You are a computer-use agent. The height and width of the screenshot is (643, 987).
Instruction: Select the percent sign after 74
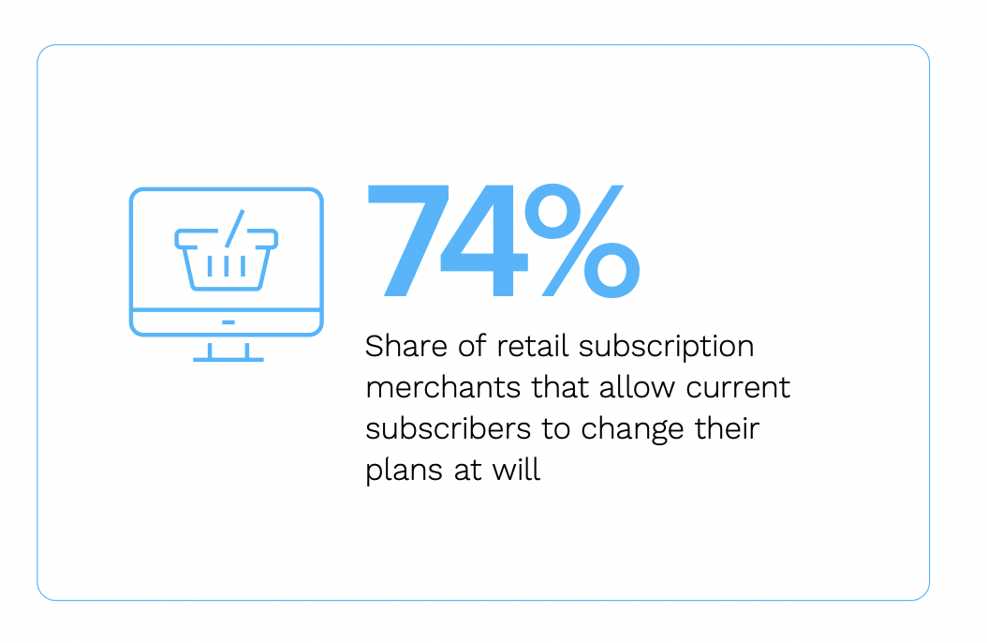point(582,240)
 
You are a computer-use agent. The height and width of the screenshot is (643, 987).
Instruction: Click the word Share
point(406,346)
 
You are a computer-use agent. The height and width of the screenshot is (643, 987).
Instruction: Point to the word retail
point(533,346)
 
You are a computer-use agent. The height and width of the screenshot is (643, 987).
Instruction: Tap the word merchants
point(443,387)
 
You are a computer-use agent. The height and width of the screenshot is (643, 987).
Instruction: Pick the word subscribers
point(449,428)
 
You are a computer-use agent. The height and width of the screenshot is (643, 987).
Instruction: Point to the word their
point(727,428)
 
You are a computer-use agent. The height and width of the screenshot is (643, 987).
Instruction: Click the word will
point(516,470)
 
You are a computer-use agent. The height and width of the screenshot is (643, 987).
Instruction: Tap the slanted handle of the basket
point(235,228)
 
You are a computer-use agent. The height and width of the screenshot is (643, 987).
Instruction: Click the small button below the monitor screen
point(228,322)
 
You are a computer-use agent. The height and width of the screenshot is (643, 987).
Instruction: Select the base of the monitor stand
point(228,360)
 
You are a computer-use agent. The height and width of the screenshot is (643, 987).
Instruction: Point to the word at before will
point(467,471)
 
